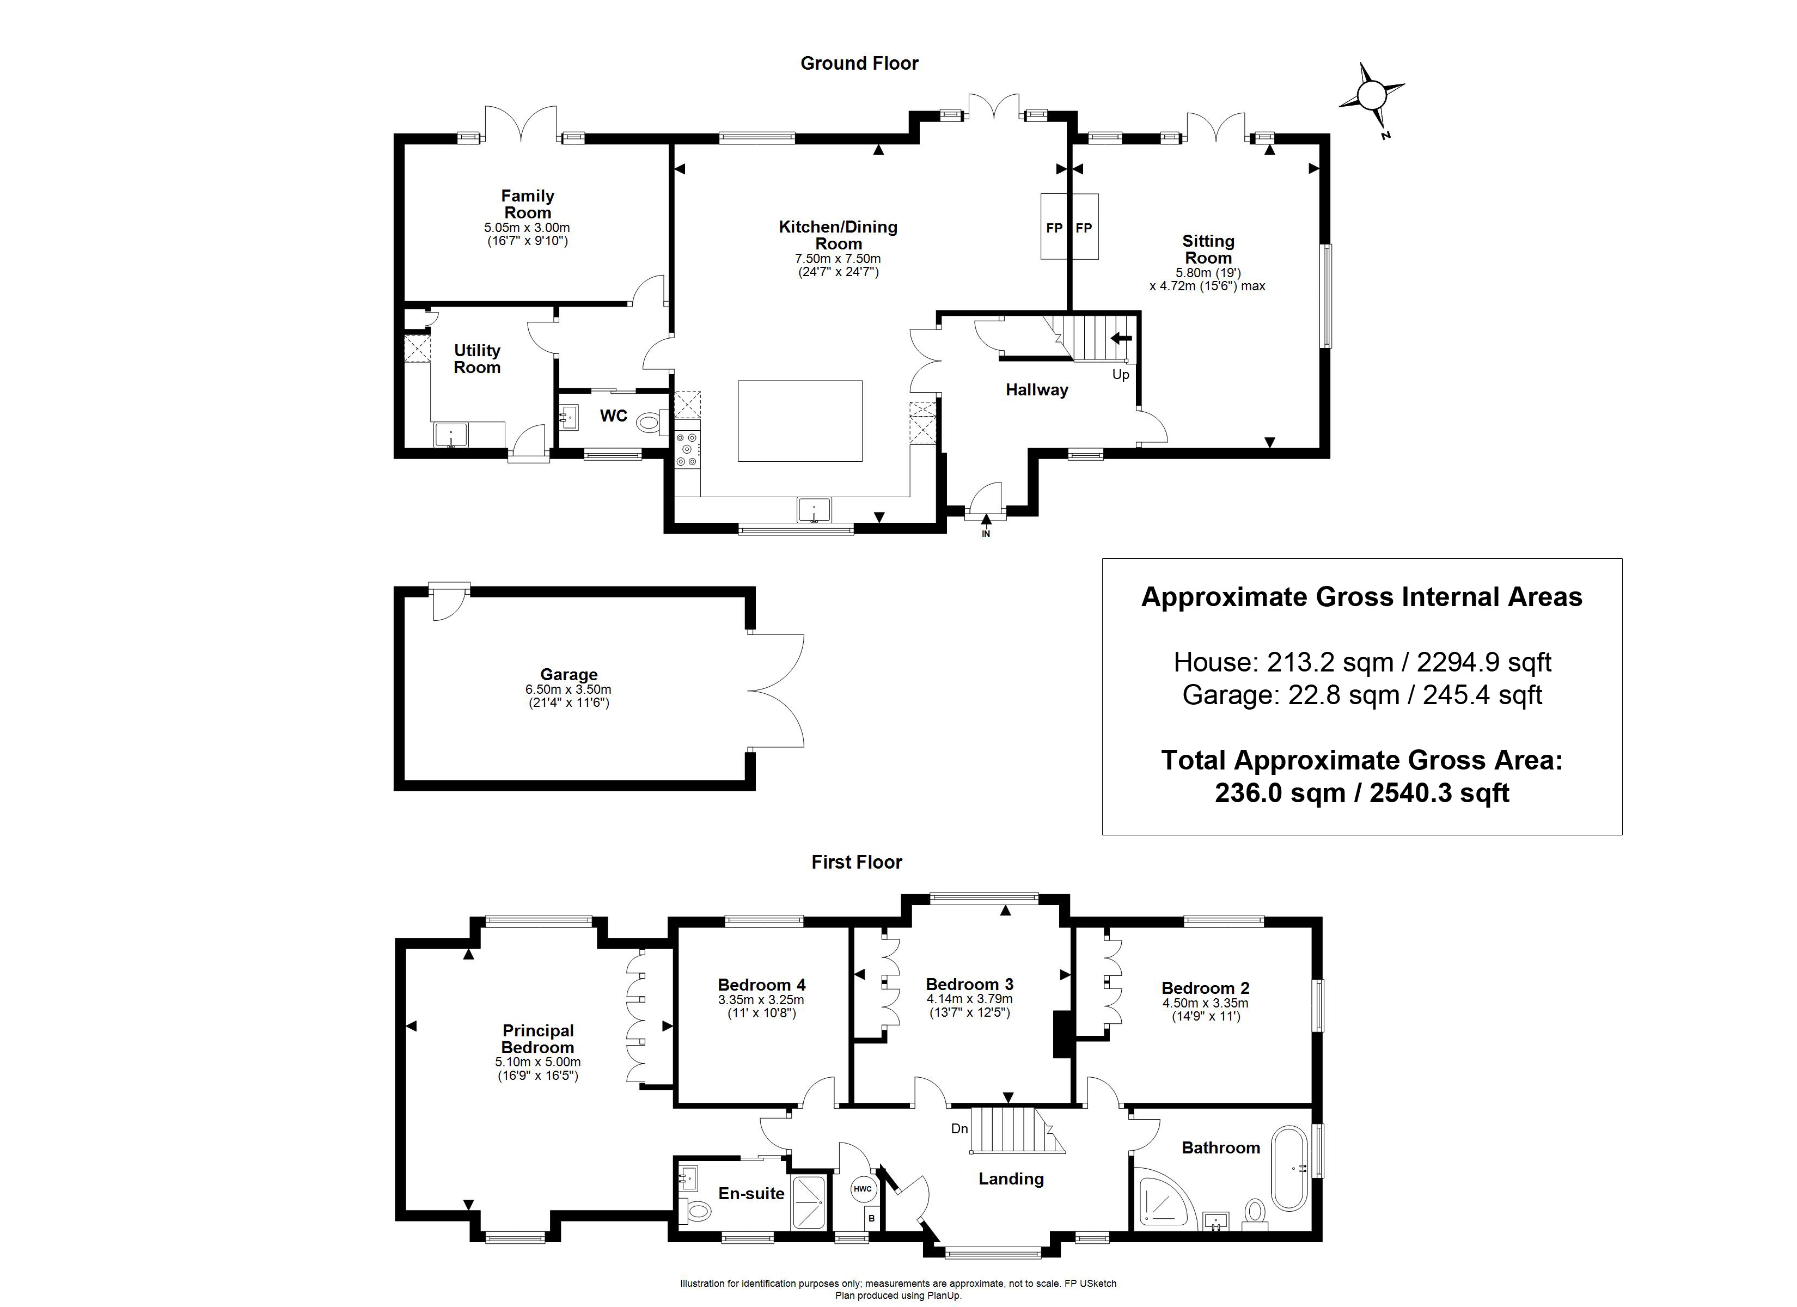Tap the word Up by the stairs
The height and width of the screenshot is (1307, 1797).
[x=1120, y=375]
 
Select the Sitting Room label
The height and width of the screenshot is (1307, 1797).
[x=1208, y=249]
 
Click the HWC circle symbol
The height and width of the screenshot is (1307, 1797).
[x=863, y=1189]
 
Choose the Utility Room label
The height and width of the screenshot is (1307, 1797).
[x=477, y=358]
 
